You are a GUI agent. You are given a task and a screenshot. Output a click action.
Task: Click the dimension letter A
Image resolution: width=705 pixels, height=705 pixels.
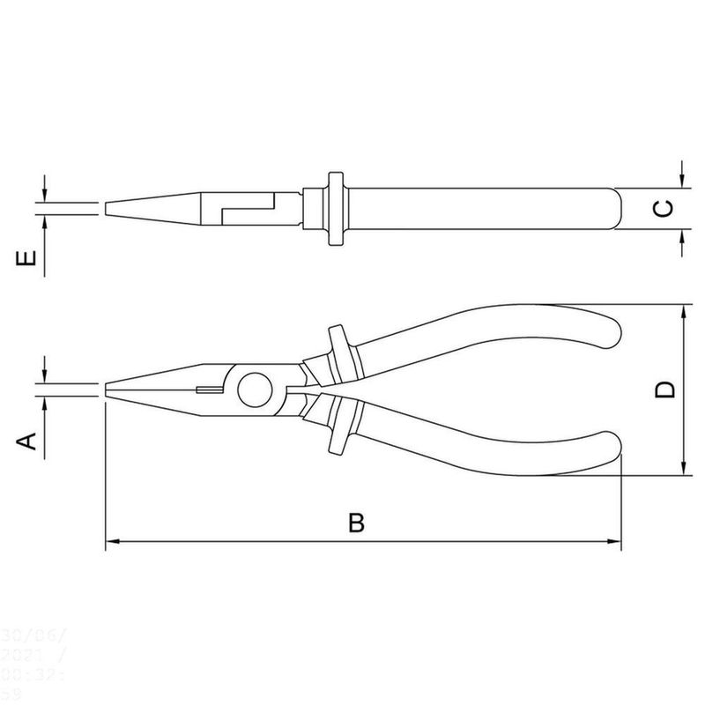pyautogui.click(x=29, y=440)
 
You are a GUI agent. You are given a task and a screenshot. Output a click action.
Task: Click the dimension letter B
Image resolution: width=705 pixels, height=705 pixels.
pyautogui.click(x=356, y=523)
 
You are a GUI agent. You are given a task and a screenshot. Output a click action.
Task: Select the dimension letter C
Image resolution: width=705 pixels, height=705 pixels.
pyautogui.click(x=666, y=209)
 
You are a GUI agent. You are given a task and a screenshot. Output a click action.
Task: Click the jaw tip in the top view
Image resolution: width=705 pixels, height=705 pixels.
pyautogui.click(x=108, y=209)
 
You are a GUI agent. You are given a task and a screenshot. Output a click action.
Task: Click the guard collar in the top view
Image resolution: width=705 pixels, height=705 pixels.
pyautogui.click(x=334, y=210)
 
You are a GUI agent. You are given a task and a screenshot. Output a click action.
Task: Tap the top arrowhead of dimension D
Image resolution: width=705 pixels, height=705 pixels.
pyautogui.click(x=684, y=311)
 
